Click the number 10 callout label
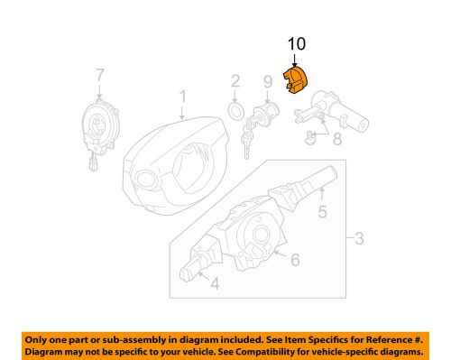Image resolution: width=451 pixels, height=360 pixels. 297,43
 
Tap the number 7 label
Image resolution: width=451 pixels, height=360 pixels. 101,73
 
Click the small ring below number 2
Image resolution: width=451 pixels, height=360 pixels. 233,111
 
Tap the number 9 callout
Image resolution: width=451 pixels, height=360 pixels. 267,83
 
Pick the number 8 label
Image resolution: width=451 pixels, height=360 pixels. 337,140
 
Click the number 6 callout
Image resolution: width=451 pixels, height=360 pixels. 293,260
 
